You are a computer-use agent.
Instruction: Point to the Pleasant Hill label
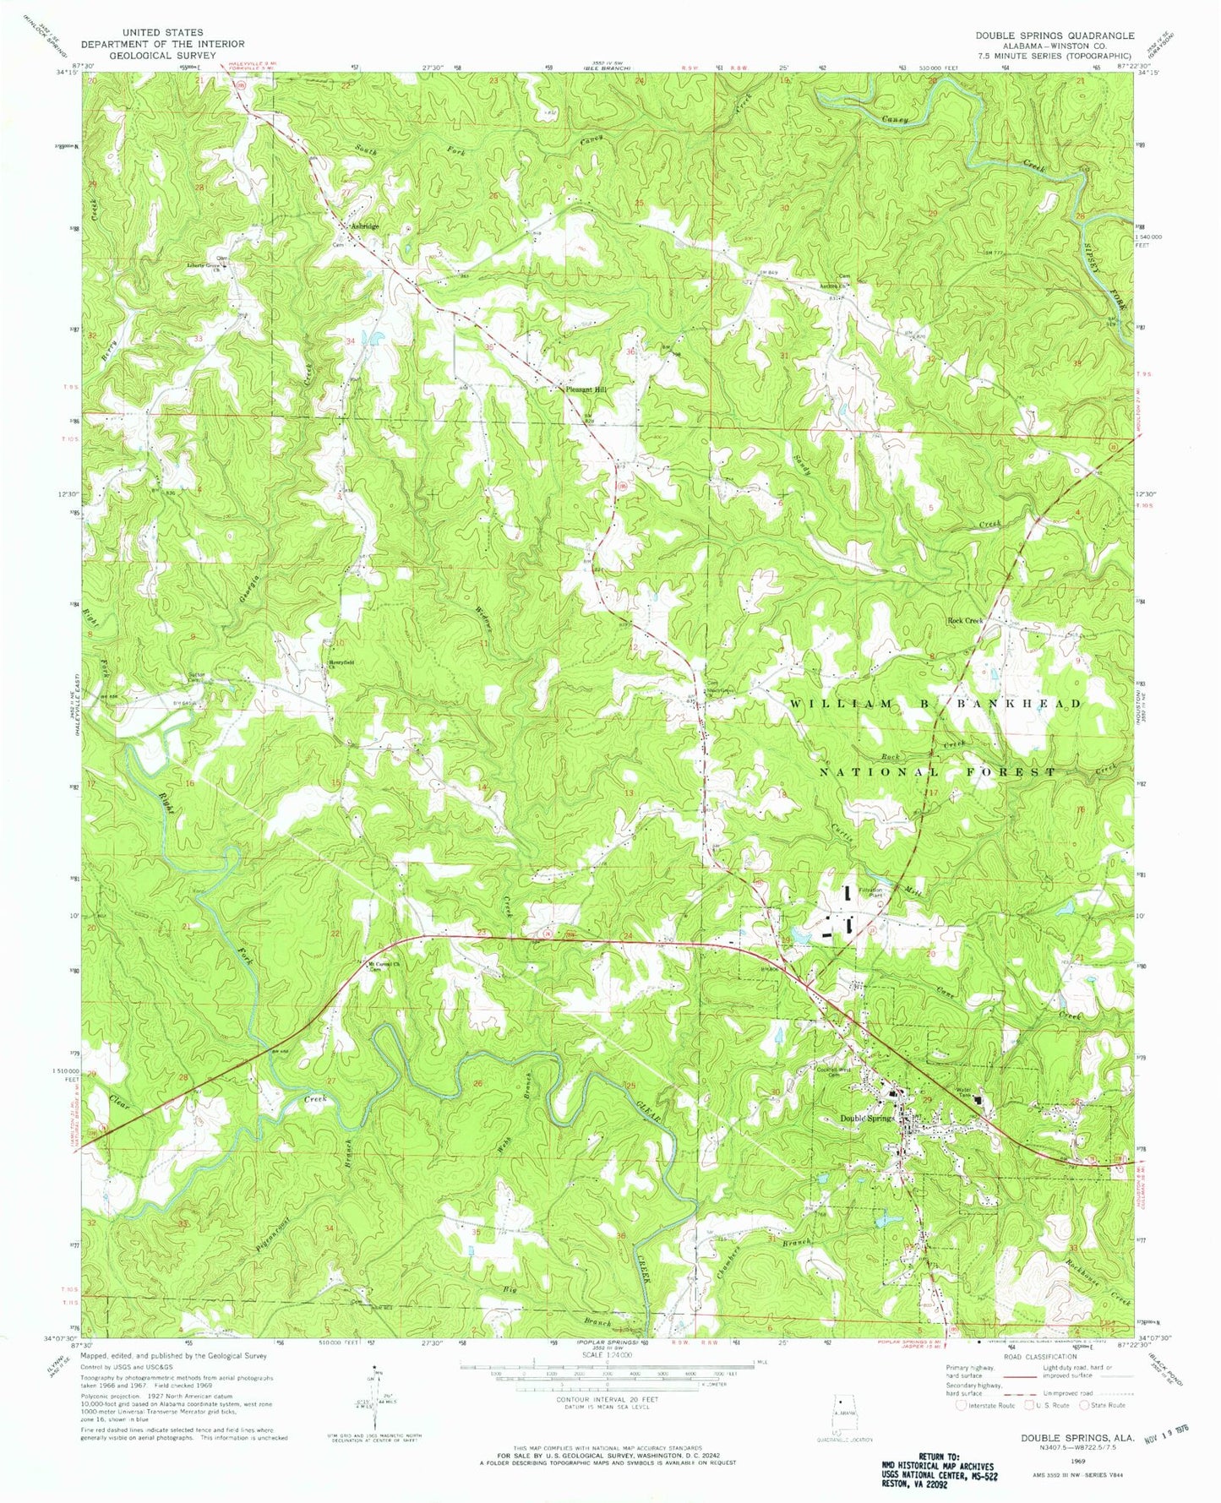click(x=586, y=389)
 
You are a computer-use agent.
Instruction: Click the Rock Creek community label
click(x=964, y=620)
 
